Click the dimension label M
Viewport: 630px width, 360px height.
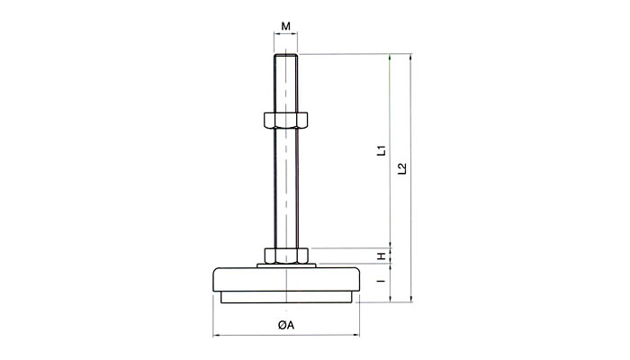285,26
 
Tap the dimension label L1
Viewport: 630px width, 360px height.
382,150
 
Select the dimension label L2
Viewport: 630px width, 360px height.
402,168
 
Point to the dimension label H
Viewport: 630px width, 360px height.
382,256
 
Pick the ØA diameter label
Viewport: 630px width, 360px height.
285,325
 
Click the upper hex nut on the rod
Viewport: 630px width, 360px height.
285,120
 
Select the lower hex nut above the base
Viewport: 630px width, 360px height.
286,256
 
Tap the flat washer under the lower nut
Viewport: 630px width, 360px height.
286,265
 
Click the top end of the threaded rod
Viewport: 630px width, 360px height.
285,55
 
